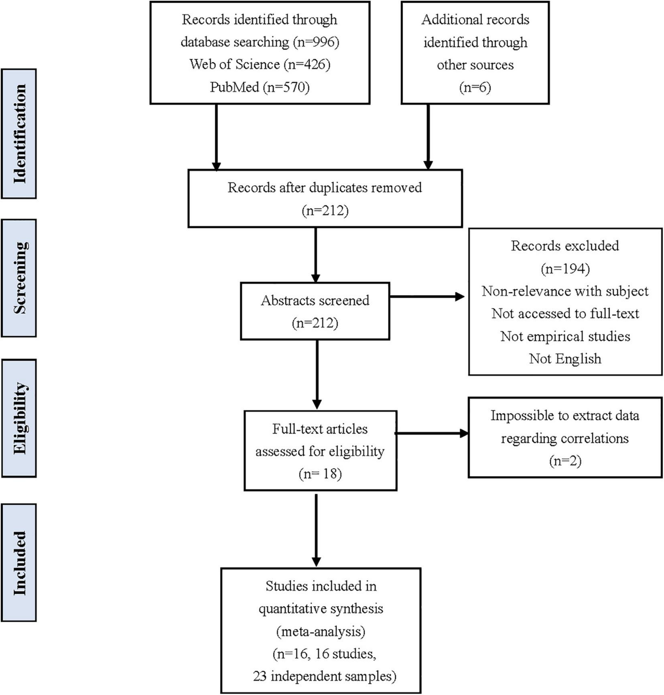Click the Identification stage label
coord(19,134)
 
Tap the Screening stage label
coord(19,278)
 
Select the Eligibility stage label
coord(19,418)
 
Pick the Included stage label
coord(19,563)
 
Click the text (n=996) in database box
coord(316,42)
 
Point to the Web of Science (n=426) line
coord(260,64)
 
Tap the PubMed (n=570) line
coord(260,87)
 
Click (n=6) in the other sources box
coord(475,87)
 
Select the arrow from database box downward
coord(216,136)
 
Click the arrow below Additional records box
coord(428,136)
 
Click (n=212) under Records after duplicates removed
coord(325,210)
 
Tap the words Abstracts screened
coord(315,300)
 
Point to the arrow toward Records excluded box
coord(427,297)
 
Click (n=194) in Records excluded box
coord(565,268)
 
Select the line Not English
coord(565,358)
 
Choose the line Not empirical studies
coord(565,336)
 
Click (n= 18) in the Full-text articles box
coord(320,474)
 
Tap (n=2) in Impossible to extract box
coord(565,461)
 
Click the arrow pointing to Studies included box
coord(317,530)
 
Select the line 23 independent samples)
coord(324,676)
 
